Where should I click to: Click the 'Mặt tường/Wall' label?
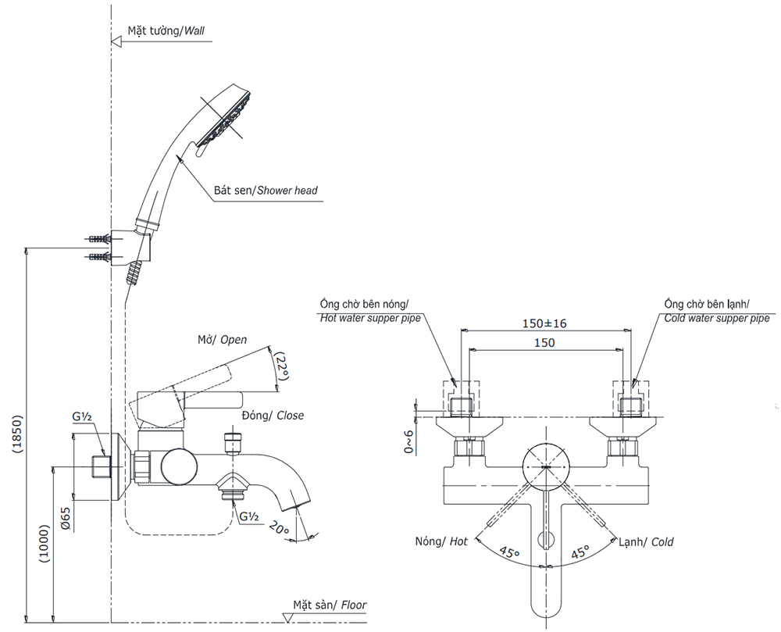coord(166,31)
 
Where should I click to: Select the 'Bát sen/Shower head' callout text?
coord(266,190)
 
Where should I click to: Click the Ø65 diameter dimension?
coord(66,517)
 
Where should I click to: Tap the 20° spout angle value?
coord(279,529)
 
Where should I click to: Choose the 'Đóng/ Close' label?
coord(273,416)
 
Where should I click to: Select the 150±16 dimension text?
coord(545,323)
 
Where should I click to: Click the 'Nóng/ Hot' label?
coord(443,542)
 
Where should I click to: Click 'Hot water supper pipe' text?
coord(369,318)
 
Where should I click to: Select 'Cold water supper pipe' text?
coord(716,318)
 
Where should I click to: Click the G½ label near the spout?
coord(249,517)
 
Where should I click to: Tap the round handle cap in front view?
coord(546,467)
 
